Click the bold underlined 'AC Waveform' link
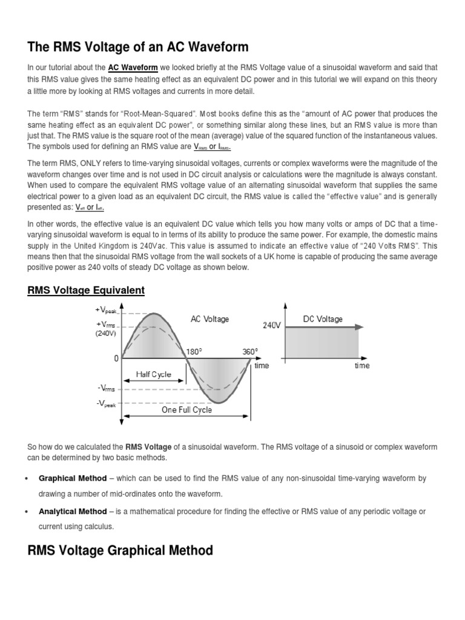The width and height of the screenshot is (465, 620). pos(133,68)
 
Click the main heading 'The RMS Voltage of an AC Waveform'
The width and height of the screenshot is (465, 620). pos(138,47)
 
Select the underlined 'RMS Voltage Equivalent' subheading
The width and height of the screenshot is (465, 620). pos(86,291)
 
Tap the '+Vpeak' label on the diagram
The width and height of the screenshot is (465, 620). pos(106,310)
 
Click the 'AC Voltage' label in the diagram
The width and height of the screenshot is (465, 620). pos(209,319)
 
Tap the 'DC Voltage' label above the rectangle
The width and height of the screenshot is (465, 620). pos(323,319)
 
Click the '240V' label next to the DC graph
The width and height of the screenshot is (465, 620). pos(271,325)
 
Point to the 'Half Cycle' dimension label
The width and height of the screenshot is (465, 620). pos(153,375)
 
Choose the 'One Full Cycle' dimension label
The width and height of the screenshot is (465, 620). pos(186,410)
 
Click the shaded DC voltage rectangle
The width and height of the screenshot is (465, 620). pos(322,344)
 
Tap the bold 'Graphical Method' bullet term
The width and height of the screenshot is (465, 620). pos(73,478)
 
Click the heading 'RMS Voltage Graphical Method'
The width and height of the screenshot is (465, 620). pos(120,550)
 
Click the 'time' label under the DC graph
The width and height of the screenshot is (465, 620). pos(361,366)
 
